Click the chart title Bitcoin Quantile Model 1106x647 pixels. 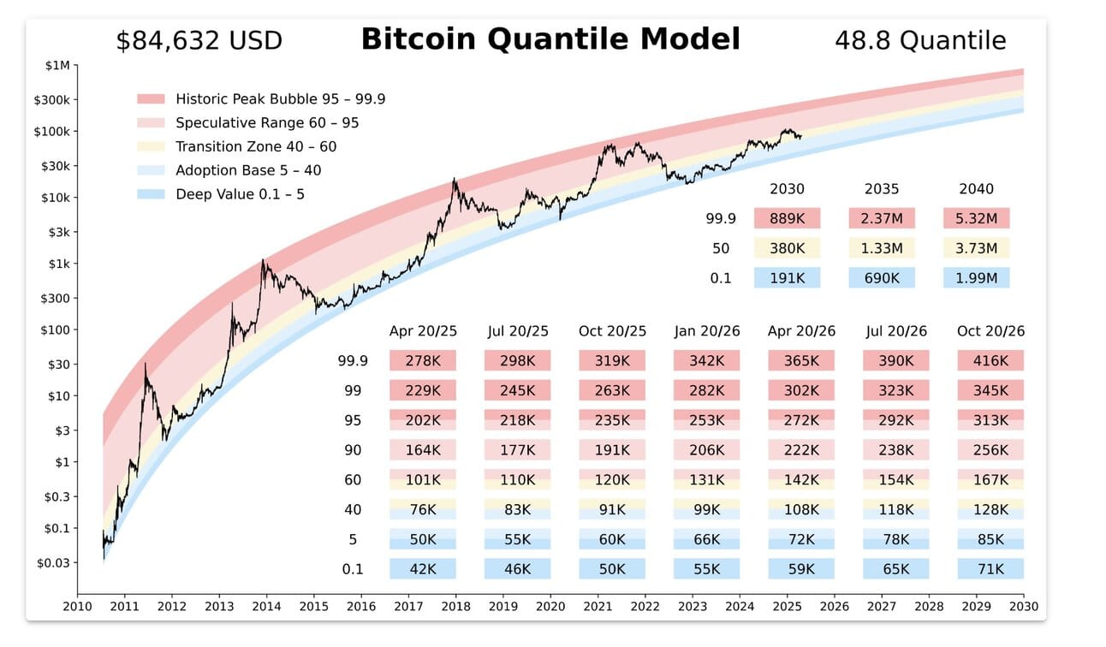tap(550, 39)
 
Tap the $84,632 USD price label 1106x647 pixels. tap(199, 40)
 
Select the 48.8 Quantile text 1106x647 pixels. tap(920, 40)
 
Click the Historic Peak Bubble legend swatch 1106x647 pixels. tap(150, 99)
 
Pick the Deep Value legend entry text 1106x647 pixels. tap(240, 194)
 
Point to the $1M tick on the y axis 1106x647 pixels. tap(59, 65)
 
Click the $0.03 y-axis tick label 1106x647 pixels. tap(53, 562)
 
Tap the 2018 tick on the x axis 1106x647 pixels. tap(455, 607)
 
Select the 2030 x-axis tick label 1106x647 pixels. tap(1023, 607)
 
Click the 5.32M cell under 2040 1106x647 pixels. tap(976, 218)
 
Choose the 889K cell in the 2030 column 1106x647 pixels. tap(787, 218)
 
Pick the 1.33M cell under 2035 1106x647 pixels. tap(882, 248)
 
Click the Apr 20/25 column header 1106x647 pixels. tap(423, 331)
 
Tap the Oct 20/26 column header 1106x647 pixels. tap(990, 331)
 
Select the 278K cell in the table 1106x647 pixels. tap(423, 361)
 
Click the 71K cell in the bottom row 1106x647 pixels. tap(990, 569)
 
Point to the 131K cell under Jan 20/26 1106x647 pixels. tap(706, 480)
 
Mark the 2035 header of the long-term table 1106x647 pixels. tap(882, 189)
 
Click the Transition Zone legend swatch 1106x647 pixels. tap(150, 147)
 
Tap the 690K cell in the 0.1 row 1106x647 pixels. tap(882, 278)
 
